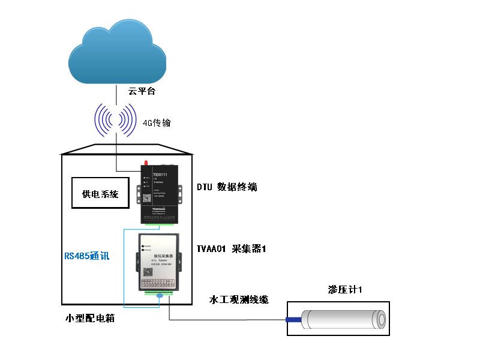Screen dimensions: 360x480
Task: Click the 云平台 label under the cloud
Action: click(x=142, y=91)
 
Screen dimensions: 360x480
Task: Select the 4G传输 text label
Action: click(x=157, y=123)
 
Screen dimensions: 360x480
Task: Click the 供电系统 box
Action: click(x=100, y=193)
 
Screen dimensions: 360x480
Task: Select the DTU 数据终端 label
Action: click(x=227, y=187)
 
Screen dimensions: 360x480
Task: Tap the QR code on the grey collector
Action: click(x=146, y=269)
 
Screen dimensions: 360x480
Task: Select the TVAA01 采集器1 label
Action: click(x=231, y=248)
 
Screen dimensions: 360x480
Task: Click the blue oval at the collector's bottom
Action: click(x=160, y=295)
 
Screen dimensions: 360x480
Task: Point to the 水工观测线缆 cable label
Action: click(x=238, y=299)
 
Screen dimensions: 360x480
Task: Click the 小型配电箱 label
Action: click(x=89, y=319)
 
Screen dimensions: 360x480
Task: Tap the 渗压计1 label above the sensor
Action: click(x=345, y=289)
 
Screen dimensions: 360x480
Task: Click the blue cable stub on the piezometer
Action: click(x=293, y=319)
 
